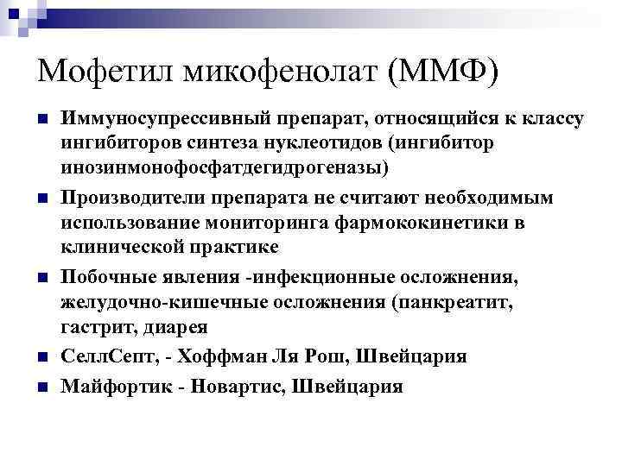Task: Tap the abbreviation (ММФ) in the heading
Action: click(443, 71)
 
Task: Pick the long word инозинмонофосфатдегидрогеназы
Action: click(225, 166)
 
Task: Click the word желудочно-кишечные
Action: click(158, 304)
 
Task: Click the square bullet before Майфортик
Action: click(41, 387)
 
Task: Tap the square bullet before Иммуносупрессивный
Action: click(41, 117)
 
